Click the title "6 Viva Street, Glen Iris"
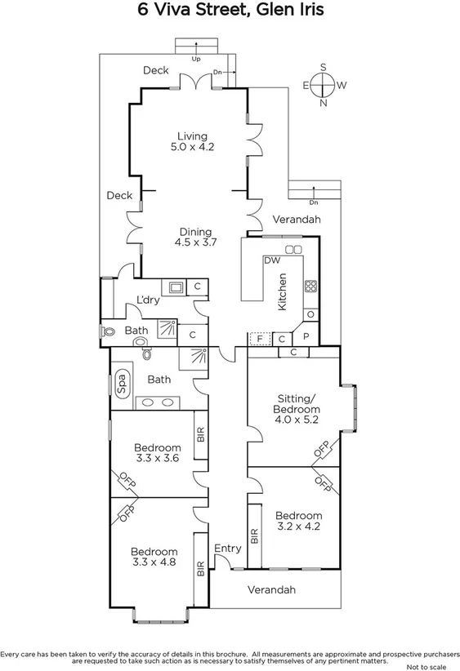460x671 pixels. coord(230,11)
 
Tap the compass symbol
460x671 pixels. coord(323,84)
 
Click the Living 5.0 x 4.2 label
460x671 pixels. coord(192,142)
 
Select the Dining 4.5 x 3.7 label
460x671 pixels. coord(193,237)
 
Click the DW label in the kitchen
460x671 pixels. coord(272,260)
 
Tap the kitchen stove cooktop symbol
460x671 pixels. coord(310,286)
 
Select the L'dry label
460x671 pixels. coord(148,300)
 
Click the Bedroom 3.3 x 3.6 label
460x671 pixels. coord(157,453)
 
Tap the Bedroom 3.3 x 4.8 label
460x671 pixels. coord(154,556)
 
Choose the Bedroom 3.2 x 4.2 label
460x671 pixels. coord(298,521)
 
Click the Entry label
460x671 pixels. coord(226,549)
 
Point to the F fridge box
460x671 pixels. coord(260,338)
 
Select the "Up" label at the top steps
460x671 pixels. coord(195,59)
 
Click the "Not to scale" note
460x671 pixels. coord(431,665)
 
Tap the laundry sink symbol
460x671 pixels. coord(174,287)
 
